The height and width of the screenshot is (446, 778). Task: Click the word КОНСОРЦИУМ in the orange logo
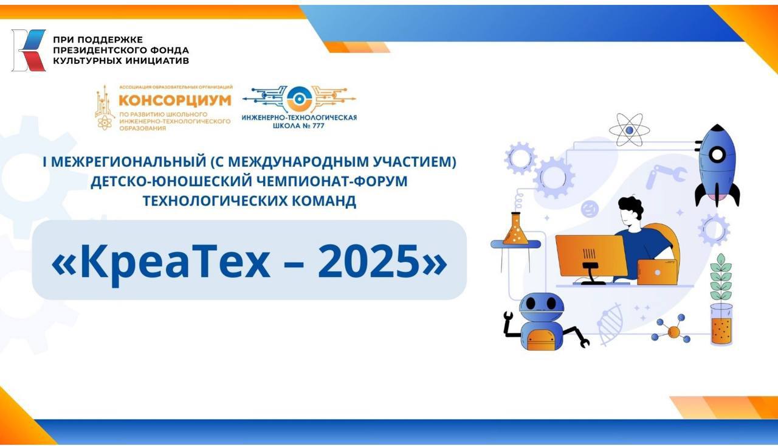pos(175,100)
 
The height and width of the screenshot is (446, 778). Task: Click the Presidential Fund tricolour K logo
pos(29,51)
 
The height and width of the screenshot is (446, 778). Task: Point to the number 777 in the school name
pos(316,125)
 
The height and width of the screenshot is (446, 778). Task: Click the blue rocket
pos(717,165)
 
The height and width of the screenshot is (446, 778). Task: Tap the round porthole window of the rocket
pos(717,155)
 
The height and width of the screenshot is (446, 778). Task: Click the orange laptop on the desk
pos(657,272)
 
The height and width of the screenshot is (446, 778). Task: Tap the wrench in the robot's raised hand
pos(508,317)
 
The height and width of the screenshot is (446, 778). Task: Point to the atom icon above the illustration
pos(629,130)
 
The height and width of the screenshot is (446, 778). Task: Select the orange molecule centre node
pos(673,332)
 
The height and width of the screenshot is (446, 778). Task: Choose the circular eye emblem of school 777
pos(298,100)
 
